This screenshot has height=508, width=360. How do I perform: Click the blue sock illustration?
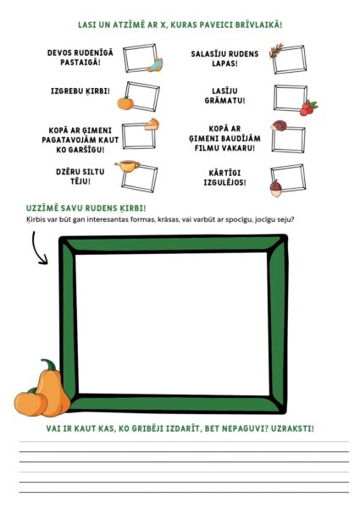tap(155, 65)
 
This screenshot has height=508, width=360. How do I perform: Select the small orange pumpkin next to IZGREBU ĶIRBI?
tap(125, 103)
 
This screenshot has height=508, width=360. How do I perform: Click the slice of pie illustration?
tap(152, 124)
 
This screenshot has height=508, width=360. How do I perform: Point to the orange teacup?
tap(128, 166)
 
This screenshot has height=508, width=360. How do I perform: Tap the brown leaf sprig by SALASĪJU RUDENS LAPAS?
tap(276, 51)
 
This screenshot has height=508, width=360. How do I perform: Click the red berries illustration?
tap(308, 108)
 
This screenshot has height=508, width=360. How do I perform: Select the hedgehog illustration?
tap(279, 125)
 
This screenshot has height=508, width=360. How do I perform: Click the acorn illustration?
tap(276, 189)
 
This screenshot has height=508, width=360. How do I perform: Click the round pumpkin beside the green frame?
tap(30, 402)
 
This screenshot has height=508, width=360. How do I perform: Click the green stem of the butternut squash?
tap(49, 365)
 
